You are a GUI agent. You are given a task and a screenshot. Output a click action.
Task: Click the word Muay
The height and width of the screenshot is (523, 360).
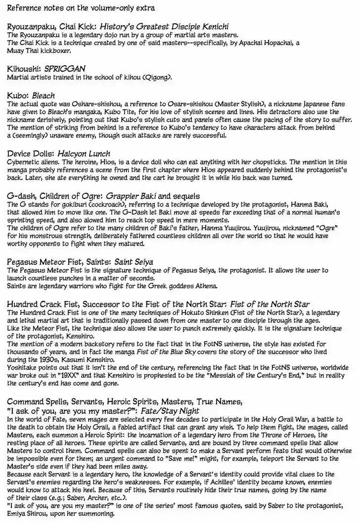(16, 50)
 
